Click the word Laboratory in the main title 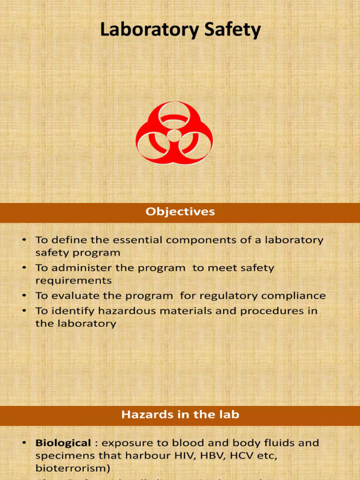pos(143,30)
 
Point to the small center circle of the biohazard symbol pos(174,136)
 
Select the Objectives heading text pos(180,212)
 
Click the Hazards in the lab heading pos(180,414)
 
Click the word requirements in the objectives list pos(73,281)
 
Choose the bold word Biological pos(63,442)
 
